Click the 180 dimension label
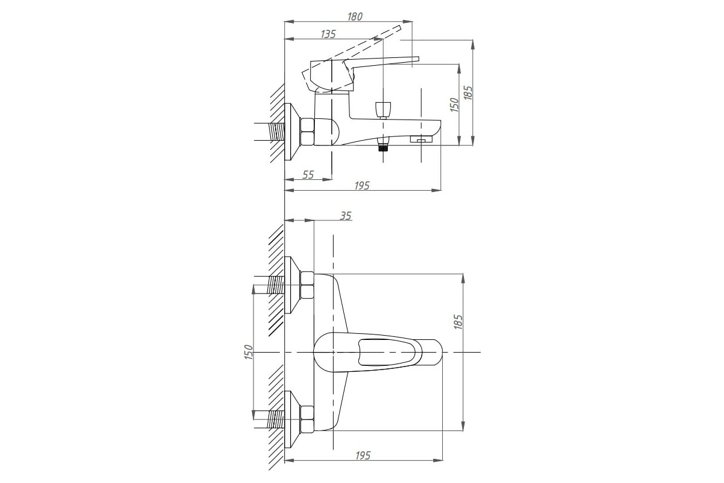355,16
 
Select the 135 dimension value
328,34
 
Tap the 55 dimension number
308,174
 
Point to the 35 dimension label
346,216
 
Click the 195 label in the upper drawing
361,186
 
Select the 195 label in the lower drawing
363,455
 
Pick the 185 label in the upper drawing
468,92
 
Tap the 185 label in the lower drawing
458,322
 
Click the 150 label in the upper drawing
454,105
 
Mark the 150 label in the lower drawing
248,353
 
